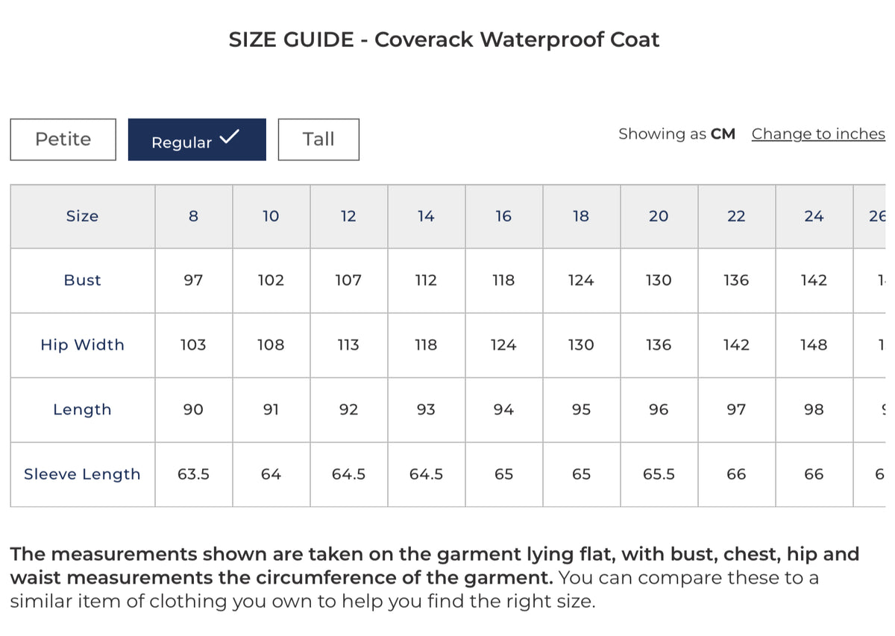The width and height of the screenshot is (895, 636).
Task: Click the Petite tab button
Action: tap(63, 139)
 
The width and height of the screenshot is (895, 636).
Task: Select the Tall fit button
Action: tap(318, 139)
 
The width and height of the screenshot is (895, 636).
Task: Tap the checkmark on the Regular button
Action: tap(230, 136)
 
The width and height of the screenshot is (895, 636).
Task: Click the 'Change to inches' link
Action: tap(817, 134)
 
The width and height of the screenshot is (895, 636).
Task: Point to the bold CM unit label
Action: tap(723, 134)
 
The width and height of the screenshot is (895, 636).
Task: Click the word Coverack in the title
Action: tap(424, 40)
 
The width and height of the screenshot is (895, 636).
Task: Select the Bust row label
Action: tap(82, 280)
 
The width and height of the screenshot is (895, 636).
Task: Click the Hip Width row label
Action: tap(82, 345)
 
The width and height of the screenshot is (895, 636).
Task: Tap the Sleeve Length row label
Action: tap(82, 474)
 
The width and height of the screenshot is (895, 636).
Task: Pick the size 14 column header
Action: tap(426, 216)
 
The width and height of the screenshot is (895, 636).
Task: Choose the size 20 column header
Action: tap(659, 216)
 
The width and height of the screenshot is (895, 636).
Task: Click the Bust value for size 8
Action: tap(193, 280)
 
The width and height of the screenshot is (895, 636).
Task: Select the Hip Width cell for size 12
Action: tap(348, 345)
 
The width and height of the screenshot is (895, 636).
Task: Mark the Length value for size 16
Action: tap(503, 409)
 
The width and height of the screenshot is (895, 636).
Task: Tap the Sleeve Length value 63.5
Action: tap(193, 474)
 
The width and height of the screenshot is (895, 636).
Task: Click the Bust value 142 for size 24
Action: tap(814, 280)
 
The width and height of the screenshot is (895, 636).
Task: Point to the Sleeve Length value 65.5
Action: tap(659, 474)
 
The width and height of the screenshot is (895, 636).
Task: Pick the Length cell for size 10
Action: tap(271, 409)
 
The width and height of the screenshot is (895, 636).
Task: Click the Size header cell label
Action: tap(82, 216)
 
